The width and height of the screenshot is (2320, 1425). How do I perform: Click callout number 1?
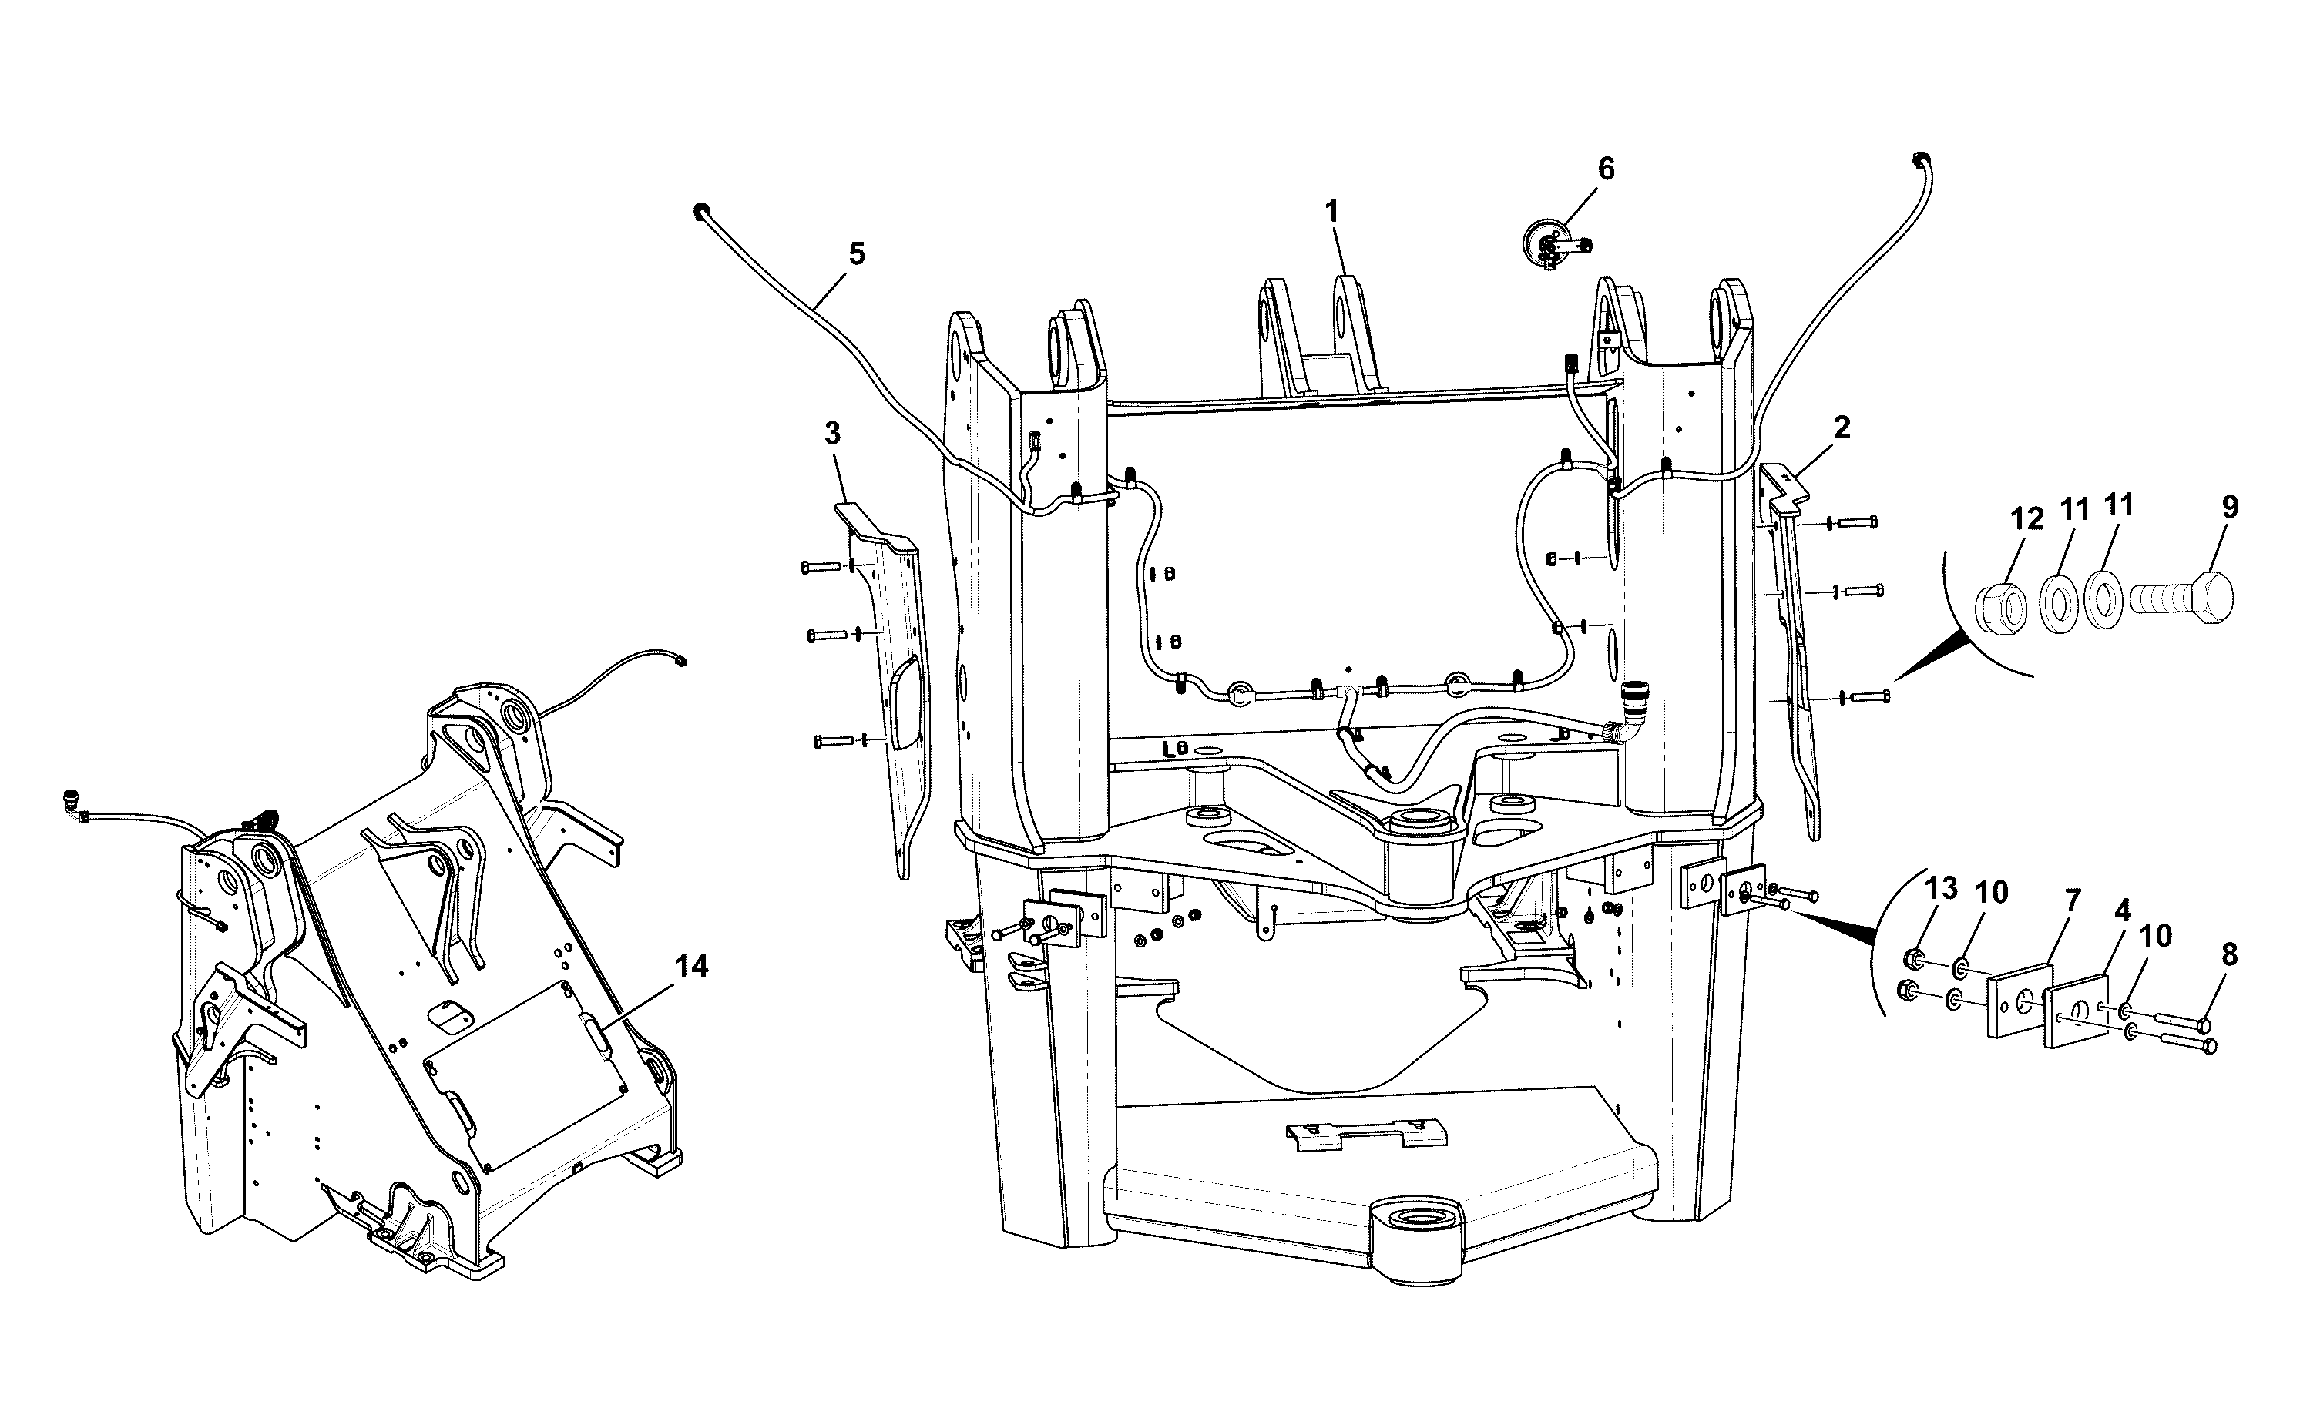tap(1331, 212)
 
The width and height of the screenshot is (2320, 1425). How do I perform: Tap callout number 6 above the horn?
tap(1606, 169)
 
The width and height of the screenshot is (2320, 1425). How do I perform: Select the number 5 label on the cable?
tap(856, 253)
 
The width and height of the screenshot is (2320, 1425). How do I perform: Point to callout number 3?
tap(831, 434)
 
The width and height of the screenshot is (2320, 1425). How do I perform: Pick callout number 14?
tap(692, 966)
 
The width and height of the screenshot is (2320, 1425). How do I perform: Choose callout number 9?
tap(2230, 507)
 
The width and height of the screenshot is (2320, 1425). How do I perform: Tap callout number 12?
tap(2026, 519)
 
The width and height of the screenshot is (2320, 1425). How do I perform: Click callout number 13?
tap(1940, 888)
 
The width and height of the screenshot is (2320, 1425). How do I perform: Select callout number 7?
tap(2072, 902)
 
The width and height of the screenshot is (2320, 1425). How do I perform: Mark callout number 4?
tap(2122, 911)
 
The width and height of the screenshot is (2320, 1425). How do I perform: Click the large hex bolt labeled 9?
tap(2181, 598)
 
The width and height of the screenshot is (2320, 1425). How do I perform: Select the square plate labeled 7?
tap(2020, 1000)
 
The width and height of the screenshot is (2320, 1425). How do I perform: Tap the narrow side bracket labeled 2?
tap(1788, 650)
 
